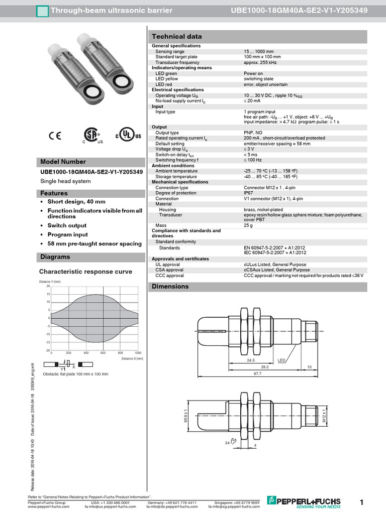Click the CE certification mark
point(55,135)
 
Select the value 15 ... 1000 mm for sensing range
point(259,51)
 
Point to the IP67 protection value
point(248,193)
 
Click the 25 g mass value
point(248,225)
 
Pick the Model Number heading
point(63,162)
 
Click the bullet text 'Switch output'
point(67,225)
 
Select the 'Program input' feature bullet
point(67,234)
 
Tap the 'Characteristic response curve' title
point(85,272)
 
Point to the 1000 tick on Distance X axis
point(138,353)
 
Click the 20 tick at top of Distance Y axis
point(48,286)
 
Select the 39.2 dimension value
point(266,367)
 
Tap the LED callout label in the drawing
point(281,360)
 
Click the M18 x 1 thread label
point(185,417)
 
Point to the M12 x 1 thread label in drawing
point(324,417)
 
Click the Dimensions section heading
point(171,286)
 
